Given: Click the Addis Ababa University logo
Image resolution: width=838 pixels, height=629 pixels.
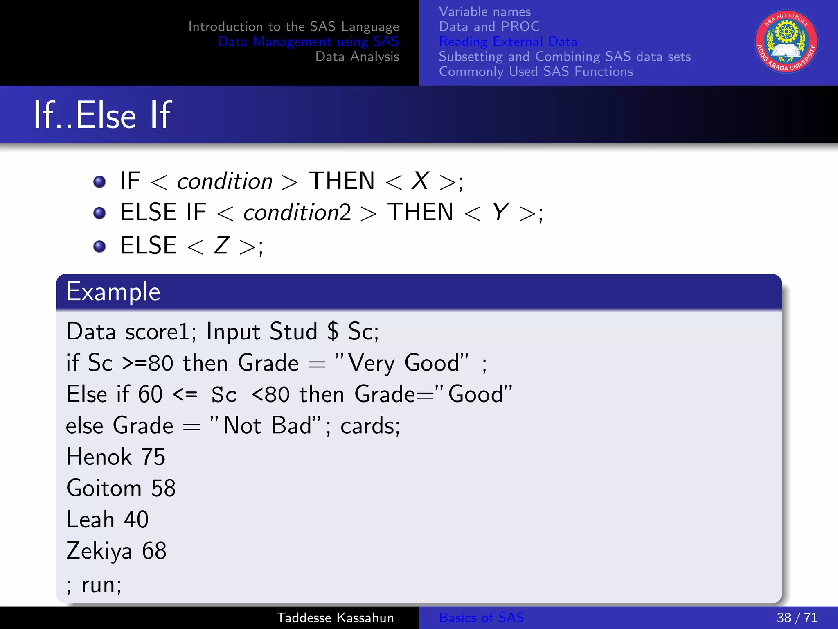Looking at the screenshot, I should point(786,42).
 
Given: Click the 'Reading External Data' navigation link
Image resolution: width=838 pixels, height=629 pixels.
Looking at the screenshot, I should point(508,41).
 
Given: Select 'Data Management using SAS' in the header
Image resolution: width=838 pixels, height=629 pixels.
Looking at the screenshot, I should point(308,41).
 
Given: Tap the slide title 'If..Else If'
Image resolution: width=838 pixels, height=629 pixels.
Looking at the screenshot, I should point(102,115).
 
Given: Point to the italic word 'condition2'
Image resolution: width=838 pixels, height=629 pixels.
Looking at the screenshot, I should point(297,213).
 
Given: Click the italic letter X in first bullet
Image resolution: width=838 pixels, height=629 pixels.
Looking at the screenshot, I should point(420,181).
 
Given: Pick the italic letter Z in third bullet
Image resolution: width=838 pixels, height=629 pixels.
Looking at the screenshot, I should point(221,246).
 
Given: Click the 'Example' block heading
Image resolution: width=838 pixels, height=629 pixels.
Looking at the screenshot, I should point(113,292).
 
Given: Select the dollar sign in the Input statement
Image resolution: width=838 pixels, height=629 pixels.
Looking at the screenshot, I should point(333,331).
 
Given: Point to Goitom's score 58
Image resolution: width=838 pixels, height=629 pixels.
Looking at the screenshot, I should point(163,488).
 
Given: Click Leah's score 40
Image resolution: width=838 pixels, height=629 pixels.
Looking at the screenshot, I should point(136,519).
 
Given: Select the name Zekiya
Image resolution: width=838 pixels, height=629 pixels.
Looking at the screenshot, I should point(99,551).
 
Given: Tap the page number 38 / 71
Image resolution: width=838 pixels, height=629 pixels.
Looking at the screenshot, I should point(797,618).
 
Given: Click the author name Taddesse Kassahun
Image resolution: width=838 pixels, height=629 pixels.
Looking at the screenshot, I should point(335,618).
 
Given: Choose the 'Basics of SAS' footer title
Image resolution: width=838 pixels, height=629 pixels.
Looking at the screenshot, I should point(481,618).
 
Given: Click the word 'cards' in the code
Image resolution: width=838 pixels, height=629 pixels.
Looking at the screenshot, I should point(368,426).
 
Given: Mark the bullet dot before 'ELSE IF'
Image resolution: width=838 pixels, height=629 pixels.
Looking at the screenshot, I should point(99,213).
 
